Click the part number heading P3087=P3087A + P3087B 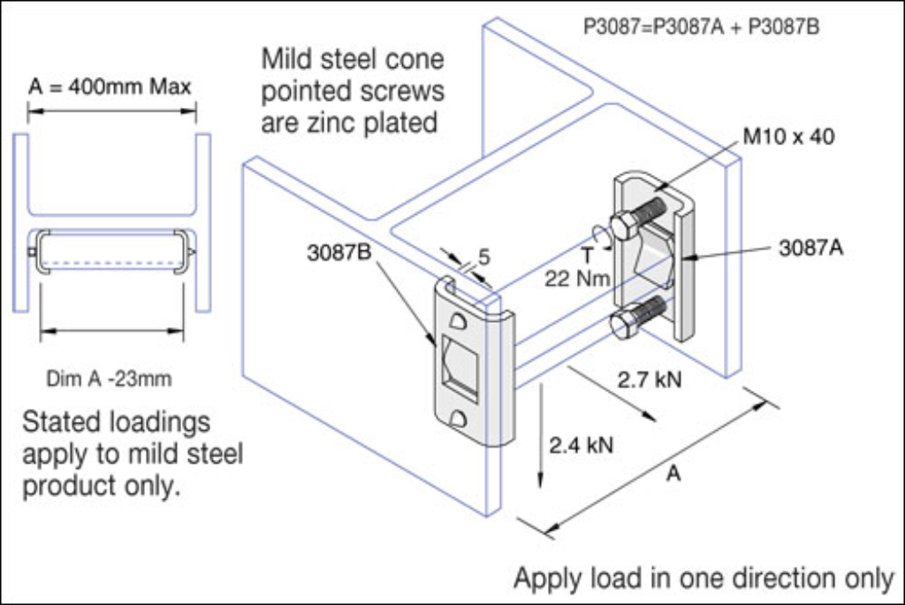pyautogui.click(x=702, y=27)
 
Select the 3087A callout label pyautogui.click(x=810, y=248)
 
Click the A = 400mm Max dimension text pyautogui.click(x=110, y=87)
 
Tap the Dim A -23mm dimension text pyautogui.click(x=109, y=379)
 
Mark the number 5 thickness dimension pyautogui.click(x=483, y=259)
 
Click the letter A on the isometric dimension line pyautogui.click(x=673, y=475)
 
